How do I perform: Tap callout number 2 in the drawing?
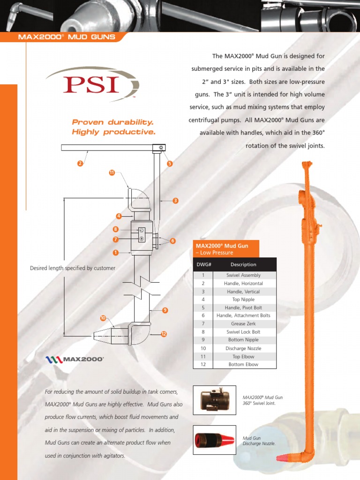pos(80,164)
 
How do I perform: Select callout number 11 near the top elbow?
pos(112,173)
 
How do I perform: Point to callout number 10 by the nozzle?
pos(103,318)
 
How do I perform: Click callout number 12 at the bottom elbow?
pos(164,334)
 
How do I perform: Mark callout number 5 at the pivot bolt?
pos(170,164)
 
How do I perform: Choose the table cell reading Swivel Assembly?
pos(243,275)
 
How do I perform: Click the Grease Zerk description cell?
pos(243,323)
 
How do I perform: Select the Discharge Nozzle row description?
pos(243,348)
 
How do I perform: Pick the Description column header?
pos(243,264)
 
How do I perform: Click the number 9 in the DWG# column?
pos(203,339)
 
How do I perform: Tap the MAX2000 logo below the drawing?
pos(75,360)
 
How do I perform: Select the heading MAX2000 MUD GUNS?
pos(66,37)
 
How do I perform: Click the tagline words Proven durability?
pos(112,122)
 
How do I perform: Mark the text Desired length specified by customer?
pos(73,268)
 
